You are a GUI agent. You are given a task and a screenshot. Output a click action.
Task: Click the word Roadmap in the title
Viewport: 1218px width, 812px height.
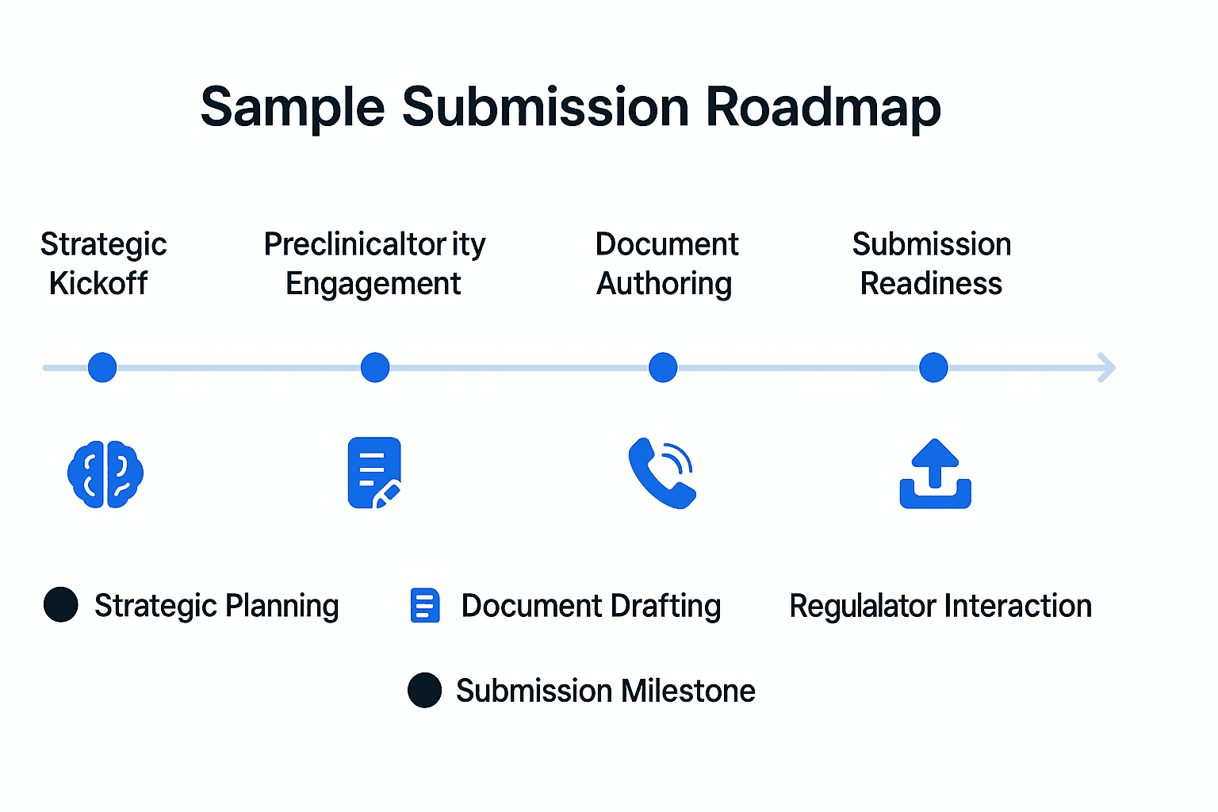point(823,108)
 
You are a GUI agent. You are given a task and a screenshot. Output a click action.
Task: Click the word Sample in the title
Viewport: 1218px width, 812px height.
point(293,108)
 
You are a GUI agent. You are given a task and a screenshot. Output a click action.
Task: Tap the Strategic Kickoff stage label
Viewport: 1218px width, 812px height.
point(103,264)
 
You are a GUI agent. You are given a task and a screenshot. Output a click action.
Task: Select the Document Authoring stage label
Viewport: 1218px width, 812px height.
point(666,264)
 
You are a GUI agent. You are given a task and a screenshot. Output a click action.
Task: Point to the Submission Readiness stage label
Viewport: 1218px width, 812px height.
point(932,264)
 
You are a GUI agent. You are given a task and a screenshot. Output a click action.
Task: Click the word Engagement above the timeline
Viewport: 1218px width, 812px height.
point(373,284)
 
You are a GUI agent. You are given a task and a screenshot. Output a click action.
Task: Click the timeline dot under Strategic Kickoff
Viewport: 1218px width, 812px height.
point(102,367)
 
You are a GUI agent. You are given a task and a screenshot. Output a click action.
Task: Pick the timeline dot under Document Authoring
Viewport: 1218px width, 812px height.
point(663,367)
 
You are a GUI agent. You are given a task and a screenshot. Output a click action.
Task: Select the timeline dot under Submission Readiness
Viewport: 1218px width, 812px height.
point(933,367)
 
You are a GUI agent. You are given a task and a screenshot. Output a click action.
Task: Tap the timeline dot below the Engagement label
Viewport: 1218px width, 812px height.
point(375,367)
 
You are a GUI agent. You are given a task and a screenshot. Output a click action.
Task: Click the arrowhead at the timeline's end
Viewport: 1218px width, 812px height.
point(1108,368)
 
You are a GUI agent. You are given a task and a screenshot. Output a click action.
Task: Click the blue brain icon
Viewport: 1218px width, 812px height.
point(105,473)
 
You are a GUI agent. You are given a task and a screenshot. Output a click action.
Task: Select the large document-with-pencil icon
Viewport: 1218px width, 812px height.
point(374,473)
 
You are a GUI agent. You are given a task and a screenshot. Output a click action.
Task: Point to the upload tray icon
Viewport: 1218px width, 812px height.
point(935,473)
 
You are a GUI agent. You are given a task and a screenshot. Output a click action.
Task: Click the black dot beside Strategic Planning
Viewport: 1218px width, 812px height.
point(61,604)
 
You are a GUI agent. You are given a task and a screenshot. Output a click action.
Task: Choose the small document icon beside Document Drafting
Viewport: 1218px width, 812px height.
point(425,605)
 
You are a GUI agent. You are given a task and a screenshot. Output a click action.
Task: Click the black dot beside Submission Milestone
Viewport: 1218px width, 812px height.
point(425,690)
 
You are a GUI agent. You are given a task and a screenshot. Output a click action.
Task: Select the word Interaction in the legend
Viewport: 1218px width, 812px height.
point(1017,605)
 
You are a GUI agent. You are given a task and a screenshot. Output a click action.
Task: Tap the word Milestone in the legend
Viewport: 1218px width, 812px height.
point(688,691)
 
